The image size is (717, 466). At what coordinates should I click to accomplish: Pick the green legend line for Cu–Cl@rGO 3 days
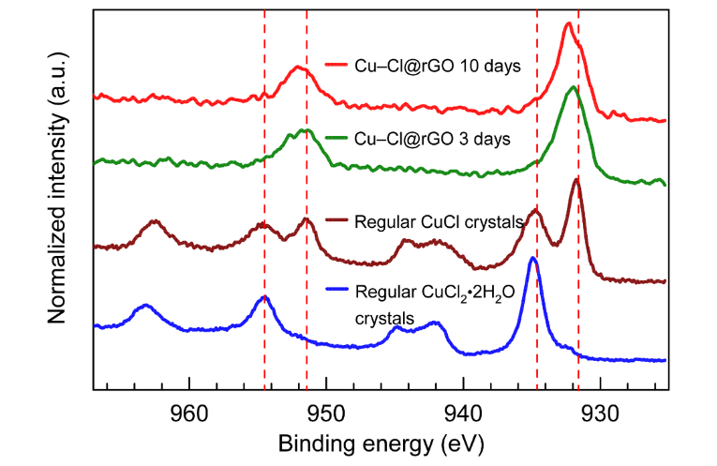pyautogui.click(x=336, y=139)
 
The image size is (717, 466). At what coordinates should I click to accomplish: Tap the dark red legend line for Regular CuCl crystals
pyautogui.click(x=336, y=222)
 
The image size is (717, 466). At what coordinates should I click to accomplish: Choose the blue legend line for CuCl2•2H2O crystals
pyautogui.click(x=336, y=293)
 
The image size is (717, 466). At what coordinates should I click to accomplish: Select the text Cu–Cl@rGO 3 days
pyautogui.click(x=432, y=139)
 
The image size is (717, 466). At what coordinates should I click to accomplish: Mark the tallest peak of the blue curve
pyautogui.click(x=533, y=258)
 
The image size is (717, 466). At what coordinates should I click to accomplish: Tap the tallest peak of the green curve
pyautogui.click(x=573, y=88)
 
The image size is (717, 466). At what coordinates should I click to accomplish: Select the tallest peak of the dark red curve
pyautogui.click(x=576, y=180)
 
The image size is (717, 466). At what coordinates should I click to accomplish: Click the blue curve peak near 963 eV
pyautogui.click(x=145, y=306)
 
